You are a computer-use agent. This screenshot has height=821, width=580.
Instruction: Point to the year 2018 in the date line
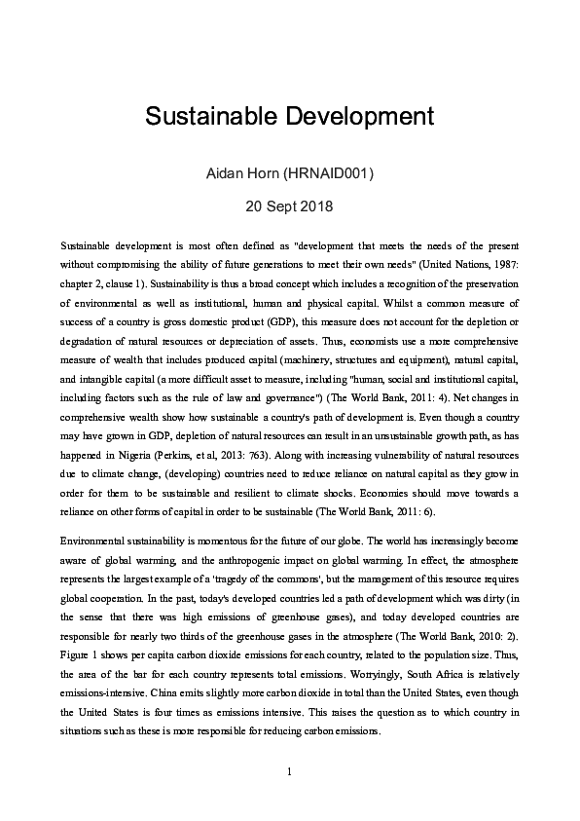(x=316, y=206)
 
